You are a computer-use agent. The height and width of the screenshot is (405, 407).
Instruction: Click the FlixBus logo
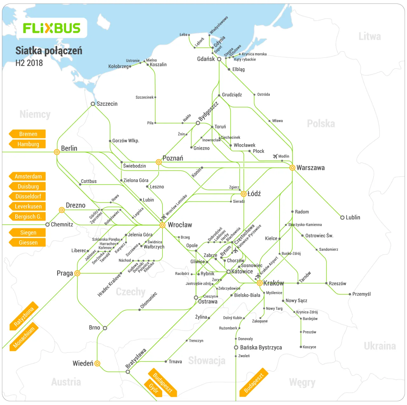point(52,28)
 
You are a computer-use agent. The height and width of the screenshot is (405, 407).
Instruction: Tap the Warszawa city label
point(310,168)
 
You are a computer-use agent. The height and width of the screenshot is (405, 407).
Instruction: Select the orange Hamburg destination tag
point(28,144)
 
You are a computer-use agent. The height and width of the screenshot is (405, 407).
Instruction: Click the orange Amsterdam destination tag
point(28,177)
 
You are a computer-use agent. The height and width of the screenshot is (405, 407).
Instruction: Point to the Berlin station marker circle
point(57,152)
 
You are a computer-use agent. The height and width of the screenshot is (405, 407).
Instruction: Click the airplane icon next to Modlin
point(275,156)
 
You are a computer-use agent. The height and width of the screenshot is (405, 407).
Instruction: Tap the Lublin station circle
point(342,218)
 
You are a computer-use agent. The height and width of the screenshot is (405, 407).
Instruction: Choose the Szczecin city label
point(107,104)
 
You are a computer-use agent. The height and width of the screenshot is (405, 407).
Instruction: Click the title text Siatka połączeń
point(49,51)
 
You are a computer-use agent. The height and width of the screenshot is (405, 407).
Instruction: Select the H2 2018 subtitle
point(29,63)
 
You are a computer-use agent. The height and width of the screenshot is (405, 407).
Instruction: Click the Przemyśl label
point(362,294)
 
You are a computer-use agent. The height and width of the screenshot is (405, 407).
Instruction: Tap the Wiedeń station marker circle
point(98,364)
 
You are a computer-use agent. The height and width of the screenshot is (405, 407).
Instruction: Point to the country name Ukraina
point(380,346)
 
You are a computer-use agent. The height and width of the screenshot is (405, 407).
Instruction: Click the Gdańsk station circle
point(219,59)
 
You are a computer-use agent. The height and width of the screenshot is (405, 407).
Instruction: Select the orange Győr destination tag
point(154,388)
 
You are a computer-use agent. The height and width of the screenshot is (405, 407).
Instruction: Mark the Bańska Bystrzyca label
point(261,348)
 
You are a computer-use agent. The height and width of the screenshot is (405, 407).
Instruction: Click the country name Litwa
point(369,37)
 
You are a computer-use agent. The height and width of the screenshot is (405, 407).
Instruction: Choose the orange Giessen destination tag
point(28,243)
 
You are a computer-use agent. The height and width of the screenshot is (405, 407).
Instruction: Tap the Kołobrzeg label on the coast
point(118,67)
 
